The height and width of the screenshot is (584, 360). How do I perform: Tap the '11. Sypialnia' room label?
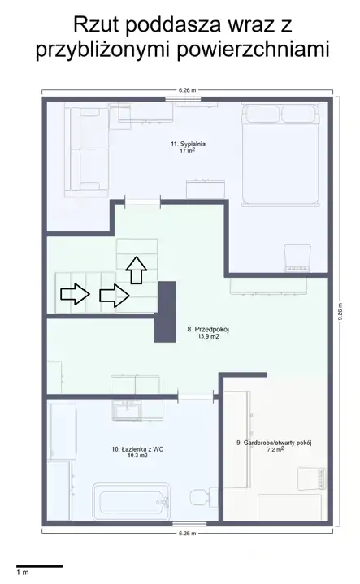coord(189,144)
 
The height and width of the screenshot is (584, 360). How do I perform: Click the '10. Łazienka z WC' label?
coord(137,449)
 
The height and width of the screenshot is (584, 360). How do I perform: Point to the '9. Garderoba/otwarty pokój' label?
coord(274,443)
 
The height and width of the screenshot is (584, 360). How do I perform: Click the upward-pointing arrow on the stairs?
coord(136,270)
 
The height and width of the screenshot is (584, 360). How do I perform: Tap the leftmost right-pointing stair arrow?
coord(76,294)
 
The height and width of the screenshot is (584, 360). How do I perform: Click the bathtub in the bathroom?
coord(131,502)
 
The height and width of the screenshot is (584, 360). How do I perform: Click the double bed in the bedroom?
coord(280,154)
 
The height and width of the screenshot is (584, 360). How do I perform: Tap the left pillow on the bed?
coord(261,114)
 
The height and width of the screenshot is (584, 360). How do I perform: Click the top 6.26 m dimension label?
coord(187,90)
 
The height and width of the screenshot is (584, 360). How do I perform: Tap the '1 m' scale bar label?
coord(23,572)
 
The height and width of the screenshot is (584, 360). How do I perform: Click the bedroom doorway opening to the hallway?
coord(142,202)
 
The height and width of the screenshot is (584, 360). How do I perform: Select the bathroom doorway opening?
coord(196,396)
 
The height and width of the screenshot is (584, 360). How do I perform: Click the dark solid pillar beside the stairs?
coord(165,312)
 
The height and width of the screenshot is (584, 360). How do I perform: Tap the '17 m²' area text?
coord(188,150)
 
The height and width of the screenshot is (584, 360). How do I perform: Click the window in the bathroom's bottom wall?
coord(189,524)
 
